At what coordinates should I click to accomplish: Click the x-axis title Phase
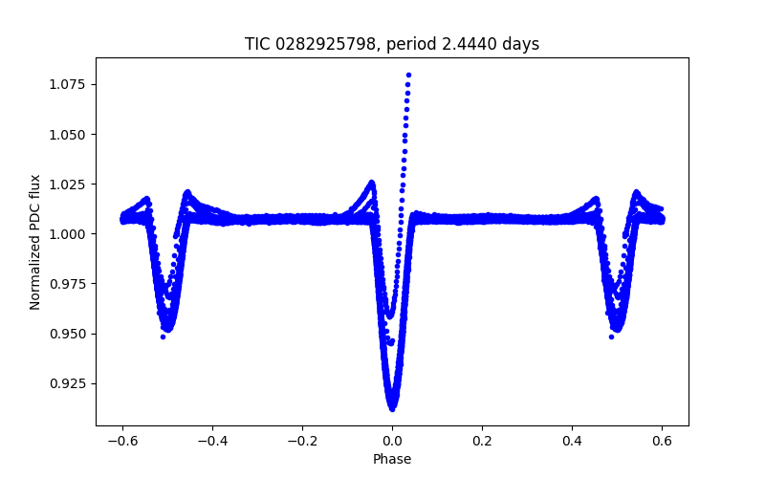pos(392,459)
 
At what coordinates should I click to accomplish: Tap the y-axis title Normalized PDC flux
pos(35,241)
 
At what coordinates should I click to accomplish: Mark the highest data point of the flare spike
pos(408,75)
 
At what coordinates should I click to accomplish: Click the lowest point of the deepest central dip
pos(392,407)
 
